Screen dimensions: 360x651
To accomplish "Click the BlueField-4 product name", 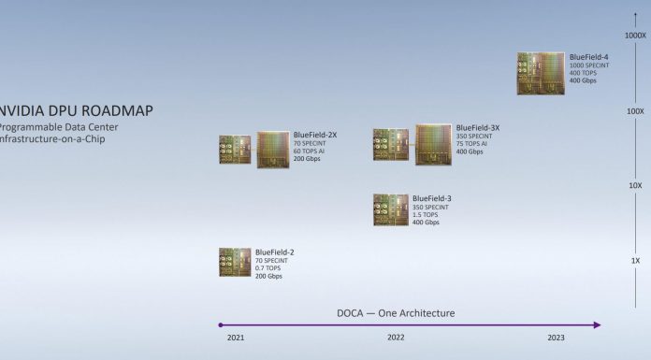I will [x=589, y=58].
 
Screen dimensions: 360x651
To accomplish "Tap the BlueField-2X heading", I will [x=314, y=136].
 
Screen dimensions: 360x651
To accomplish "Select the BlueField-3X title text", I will [x=477, y=128].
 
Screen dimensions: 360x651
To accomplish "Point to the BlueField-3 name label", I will [x=431, y=198].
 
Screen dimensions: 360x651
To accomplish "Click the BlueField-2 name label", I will [x=275, y=252].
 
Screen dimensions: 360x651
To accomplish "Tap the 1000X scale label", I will [x=635, y=36].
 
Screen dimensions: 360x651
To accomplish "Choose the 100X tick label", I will [x=635, y=111].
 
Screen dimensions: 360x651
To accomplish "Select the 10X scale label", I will [x=635, y=185].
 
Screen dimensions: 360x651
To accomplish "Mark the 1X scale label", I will [x=635, y=259].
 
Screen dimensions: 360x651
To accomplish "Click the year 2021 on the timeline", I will [x=235, y=338].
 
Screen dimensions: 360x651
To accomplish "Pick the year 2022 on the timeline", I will [x=396, y=338].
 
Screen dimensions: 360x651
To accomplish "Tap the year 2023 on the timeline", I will [x=557, y=338].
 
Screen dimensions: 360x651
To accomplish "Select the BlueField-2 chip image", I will [x=235, y=262].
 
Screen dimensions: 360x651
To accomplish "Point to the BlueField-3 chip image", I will [x=391, y=209].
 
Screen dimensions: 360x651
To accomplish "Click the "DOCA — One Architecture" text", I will [x=396, y=313].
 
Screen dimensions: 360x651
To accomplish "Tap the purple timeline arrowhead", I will [x=597, y=325].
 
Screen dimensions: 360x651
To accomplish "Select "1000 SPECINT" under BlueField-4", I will [x=590, y=65].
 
